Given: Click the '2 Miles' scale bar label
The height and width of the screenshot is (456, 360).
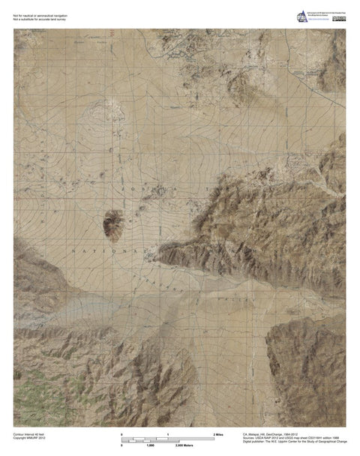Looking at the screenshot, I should tap(218, 435).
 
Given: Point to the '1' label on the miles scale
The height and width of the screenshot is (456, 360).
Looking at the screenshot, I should tap(168, 435).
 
